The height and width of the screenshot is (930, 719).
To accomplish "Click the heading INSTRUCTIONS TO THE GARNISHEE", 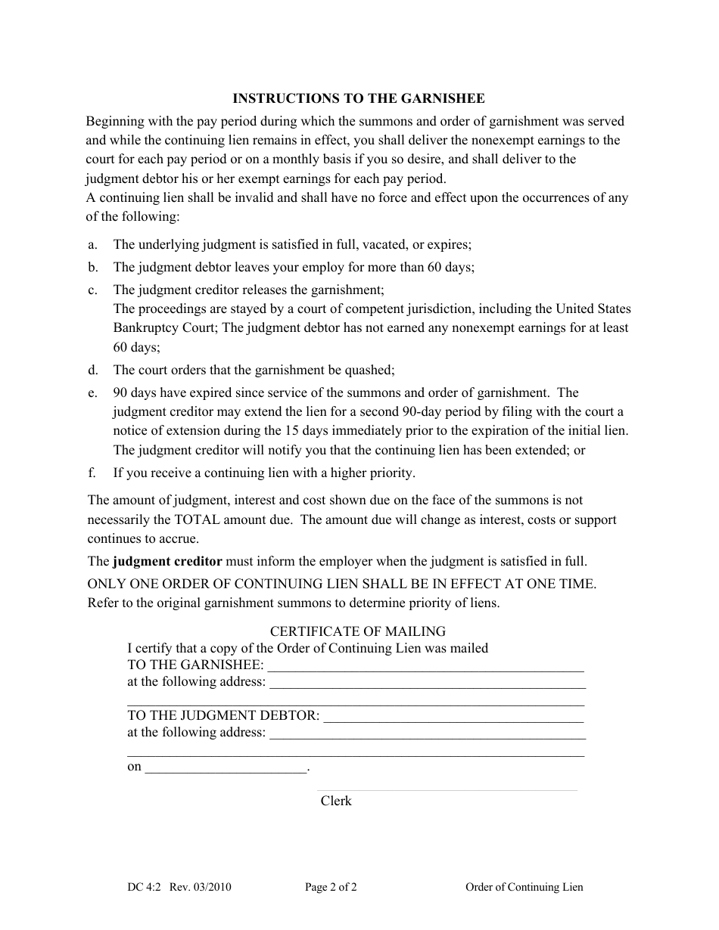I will pos(358,98).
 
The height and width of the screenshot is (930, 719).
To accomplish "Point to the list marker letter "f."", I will pos(92,473).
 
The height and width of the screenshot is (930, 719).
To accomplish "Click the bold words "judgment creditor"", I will pos(167,561).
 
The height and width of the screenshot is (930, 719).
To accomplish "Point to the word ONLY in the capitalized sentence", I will pos(107,584).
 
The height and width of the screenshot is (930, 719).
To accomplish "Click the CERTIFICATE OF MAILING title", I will pos(358,631).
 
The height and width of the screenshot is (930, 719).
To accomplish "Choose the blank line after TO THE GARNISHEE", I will pos(426,665).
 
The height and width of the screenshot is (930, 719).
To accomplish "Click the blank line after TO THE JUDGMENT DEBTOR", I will pos(453,715).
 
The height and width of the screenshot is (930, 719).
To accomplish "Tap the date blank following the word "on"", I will pos(226,767).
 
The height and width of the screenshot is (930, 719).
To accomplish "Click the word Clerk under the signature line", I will pos(336,801).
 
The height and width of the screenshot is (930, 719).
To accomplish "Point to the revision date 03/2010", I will pos(211,888).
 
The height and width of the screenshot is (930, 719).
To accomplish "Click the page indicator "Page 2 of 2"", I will pos(331,888).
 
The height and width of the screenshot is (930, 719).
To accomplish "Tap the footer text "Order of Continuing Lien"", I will pos(524,888).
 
